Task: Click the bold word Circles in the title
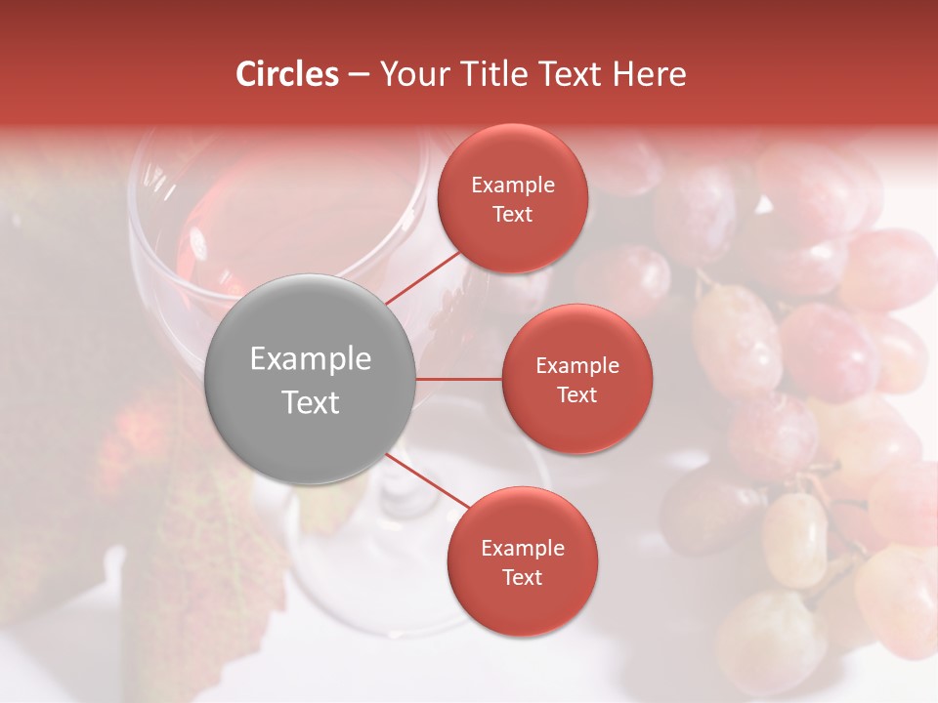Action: [x=286, y=74]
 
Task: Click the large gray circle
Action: [x=310, y=379]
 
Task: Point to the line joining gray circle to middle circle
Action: [x=459, y=379]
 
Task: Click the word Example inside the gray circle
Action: [x=310, y=359]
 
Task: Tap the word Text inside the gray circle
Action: [x=310, y=402]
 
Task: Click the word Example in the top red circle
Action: [x=513, y=186]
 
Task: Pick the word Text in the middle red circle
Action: [x=576, y=394]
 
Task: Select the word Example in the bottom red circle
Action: [x=522, y=549]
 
